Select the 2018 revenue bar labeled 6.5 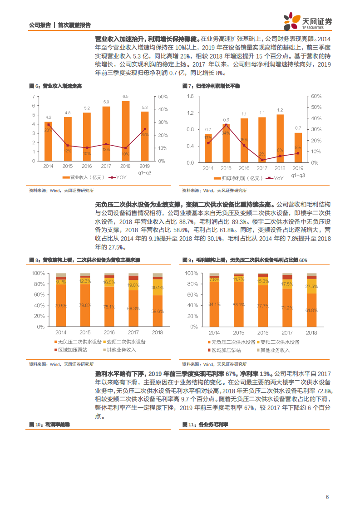point(125,131)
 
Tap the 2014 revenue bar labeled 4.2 point(49,141)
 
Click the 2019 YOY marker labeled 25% point(145,129)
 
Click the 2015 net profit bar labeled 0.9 point(226,143)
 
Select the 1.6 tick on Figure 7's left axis point(190,97)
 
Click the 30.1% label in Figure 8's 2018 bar point(158,288)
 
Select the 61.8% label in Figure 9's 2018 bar point(311,310)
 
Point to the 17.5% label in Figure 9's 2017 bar point(287,284)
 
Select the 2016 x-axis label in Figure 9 point(263,333)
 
